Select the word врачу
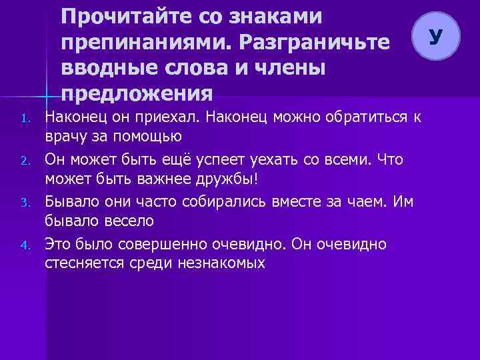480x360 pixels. tap(63, 137)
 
